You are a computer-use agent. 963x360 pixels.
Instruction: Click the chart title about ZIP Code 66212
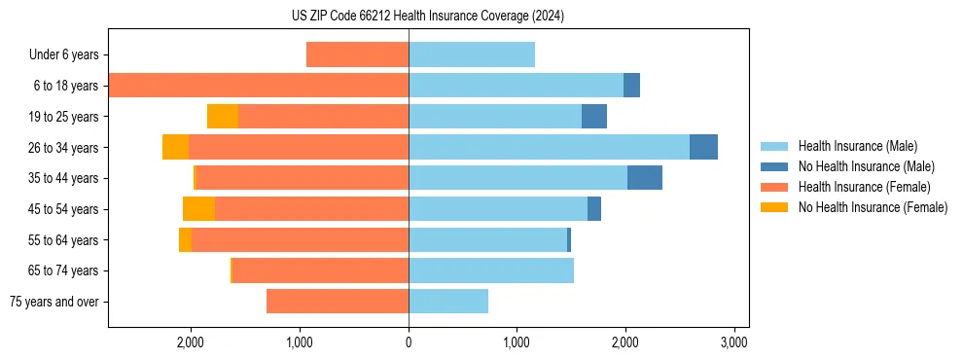click(427, 17)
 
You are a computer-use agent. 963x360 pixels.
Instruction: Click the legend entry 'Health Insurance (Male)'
click(857, 146)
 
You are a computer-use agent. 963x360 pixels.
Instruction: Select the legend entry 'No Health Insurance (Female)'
click(873, 207)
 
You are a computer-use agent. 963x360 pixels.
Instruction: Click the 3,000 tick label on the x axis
click(733, 342)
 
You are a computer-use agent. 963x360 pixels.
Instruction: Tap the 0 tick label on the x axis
click(409, 342)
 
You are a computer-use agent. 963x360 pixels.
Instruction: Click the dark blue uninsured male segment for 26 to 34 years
click(703, 147)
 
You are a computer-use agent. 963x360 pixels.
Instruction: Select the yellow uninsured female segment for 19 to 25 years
click(223, 117)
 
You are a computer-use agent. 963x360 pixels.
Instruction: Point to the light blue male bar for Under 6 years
click(472, 54)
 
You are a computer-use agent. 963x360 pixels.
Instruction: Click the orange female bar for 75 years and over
click(338, 302)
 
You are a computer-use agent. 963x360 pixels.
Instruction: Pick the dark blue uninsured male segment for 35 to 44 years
click(645, 178)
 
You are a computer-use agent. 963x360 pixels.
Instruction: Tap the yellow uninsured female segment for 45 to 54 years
click(198, 209)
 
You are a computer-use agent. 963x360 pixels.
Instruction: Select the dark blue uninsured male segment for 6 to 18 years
click(631, 86)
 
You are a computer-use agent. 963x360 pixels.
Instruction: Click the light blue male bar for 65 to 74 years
click(491, 270)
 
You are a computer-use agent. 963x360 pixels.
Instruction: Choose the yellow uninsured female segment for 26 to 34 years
click(175, 147)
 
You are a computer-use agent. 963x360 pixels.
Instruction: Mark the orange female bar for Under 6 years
click(357, 54)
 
